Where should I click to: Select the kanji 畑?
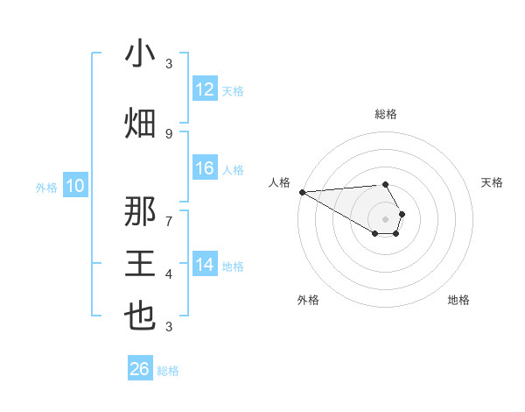(140, 123)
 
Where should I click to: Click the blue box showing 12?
(205, 89)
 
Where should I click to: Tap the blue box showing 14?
(205, 265)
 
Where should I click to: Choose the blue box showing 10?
(75, 186)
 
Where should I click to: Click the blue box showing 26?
(140, 369)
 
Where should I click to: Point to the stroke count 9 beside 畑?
(169, 133)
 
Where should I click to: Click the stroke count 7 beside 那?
(169, 221)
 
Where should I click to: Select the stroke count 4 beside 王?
(169, 274)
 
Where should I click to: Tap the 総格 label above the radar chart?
(386, 114)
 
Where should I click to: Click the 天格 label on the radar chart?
(493, 182)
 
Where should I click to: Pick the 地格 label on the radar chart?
(458, 300)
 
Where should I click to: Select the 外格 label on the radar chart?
(308, 300)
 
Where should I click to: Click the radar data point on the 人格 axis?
(302, 192)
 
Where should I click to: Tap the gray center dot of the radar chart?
(386, 218)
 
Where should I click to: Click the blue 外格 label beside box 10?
(45, 187)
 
